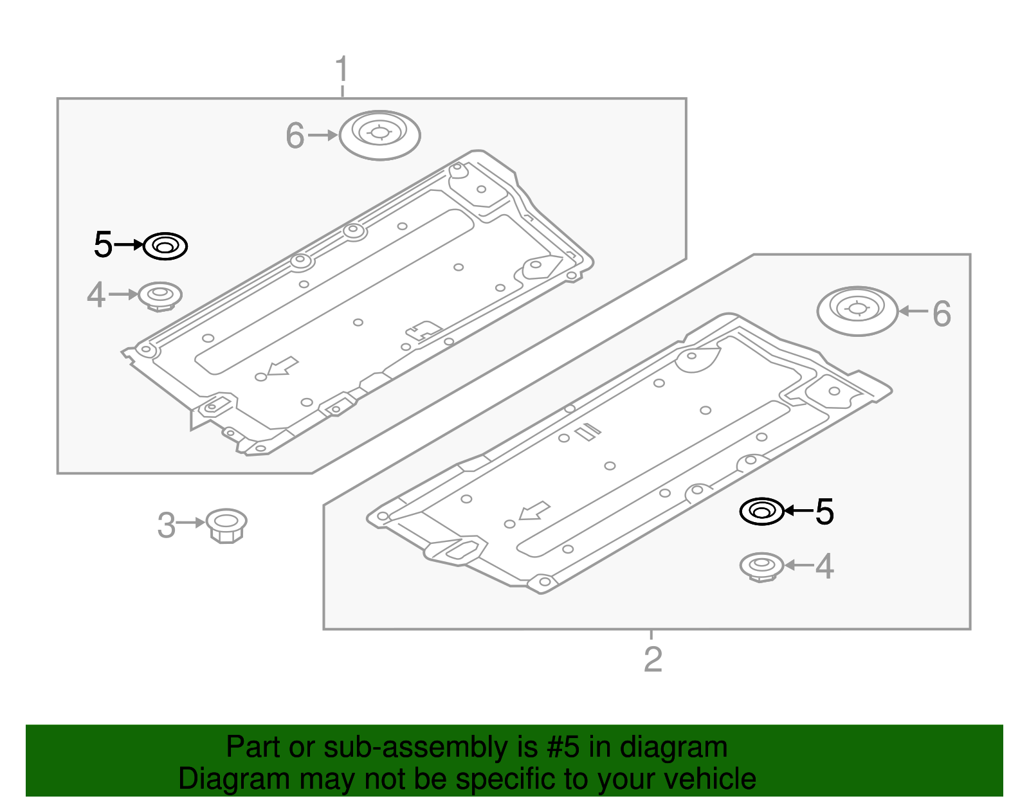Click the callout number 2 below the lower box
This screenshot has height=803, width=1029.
pyautogui.click(x=653, y=659)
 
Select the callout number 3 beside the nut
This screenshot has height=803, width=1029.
pyautogui.click(x=166, y=525)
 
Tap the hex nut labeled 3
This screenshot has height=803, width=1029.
pyautogui.click(x=226, y=525)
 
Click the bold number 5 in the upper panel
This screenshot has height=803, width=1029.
pyautogui.click(x=103, y=245)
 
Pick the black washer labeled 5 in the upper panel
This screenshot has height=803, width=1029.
pyautogui.click(x=165, y=246)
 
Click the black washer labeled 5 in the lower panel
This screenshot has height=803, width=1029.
pyautogui.click(x=762, y=512)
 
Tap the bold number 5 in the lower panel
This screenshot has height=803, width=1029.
pyautogui.click(x=824, y=512)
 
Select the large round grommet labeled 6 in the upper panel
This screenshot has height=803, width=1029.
pyautogui.click(x=379, y=135)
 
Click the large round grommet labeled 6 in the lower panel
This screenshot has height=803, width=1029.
pyautogui.click(x=857, y=311)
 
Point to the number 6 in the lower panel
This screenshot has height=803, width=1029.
pyautogui.click(x=942, y=314)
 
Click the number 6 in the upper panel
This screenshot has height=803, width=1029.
pyautogui.click(x=295, y=136)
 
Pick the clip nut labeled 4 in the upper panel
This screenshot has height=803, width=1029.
pyautogui.click(x=160, y=296)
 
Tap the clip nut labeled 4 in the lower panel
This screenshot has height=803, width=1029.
pyautogui.click(x=762, y=566)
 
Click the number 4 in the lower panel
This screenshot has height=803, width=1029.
pyautogui.click(x=824, y=566)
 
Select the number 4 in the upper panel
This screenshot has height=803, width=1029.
pyautogui.click(x=96, y=296)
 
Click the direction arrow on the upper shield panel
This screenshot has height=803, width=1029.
pyautogui.click(x=282, y=366)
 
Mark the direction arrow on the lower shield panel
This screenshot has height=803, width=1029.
pyautogui.click(x=534, y=511)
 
